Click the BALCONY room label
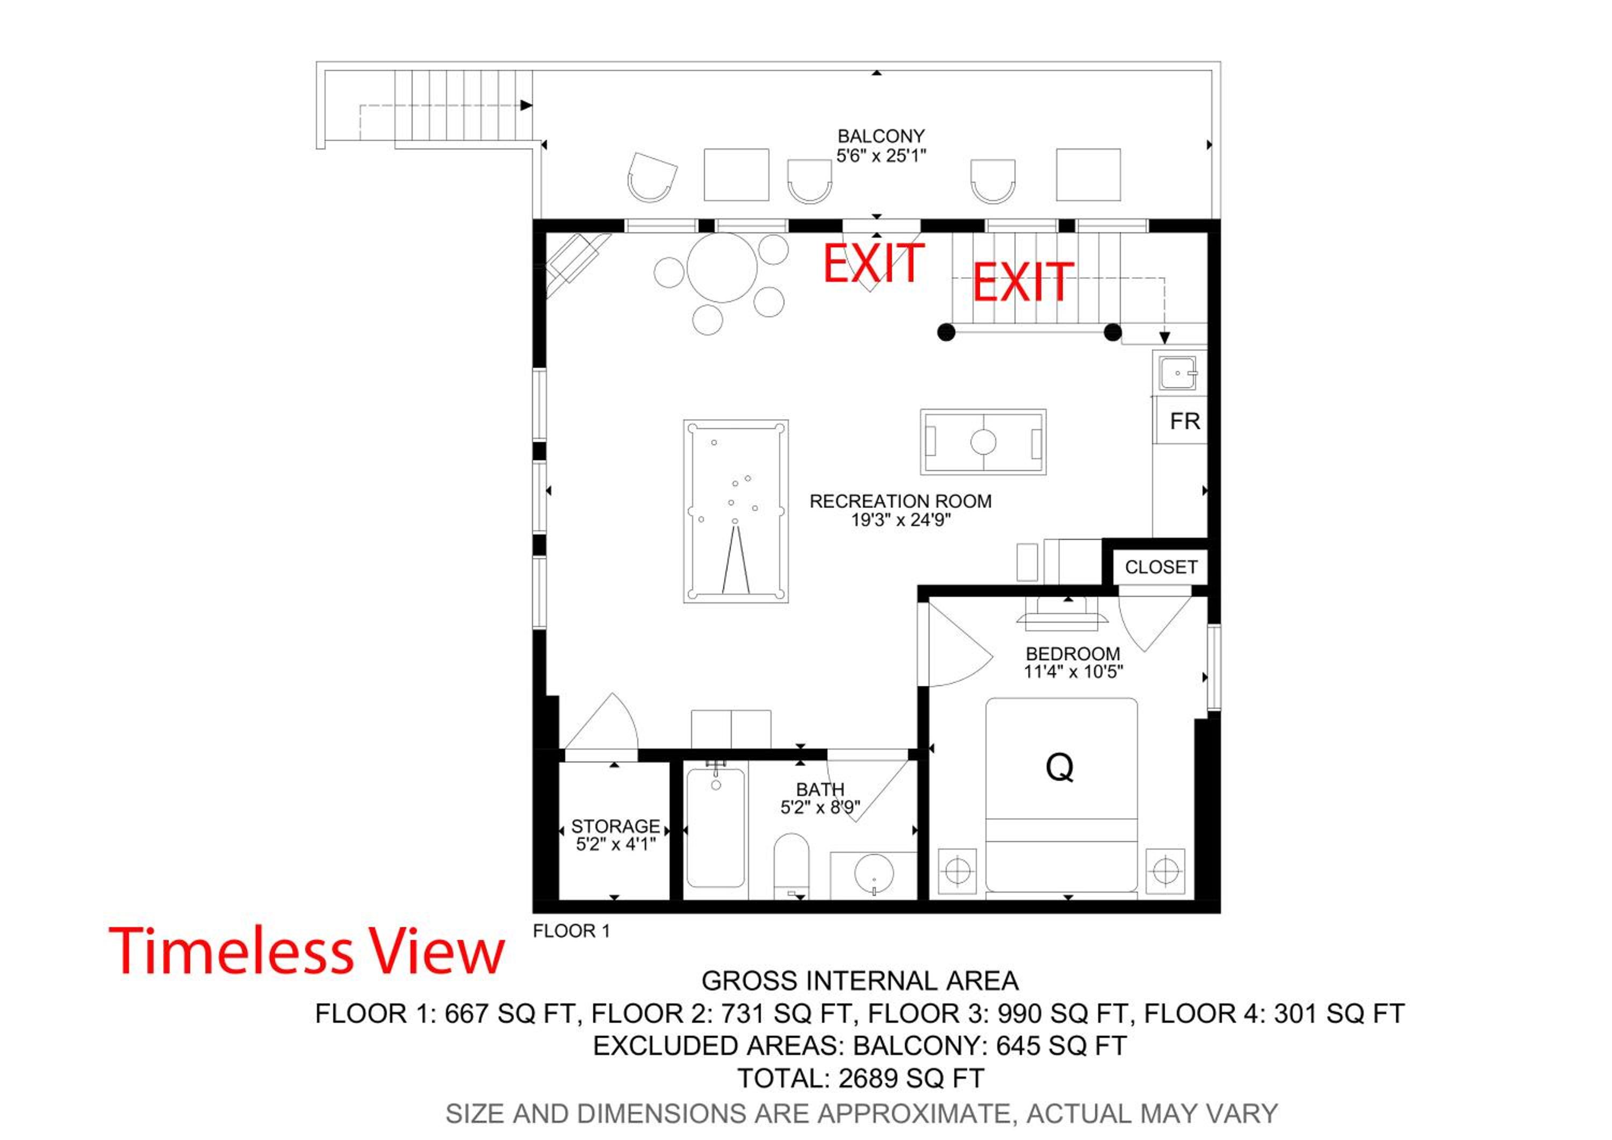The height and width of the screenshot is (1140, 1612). click(881, 136)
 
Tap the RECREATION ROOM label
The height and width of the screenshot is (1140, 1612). click(901, 502)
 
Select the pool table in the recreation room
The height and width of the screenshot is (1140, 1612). click(736, 511)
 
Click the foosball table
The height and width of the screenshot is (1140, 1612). click(983, 442)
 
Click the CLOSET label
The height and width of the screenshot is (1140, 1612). click(1161, 567)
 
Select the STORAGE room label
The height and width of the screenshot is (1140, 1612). click(616, 826)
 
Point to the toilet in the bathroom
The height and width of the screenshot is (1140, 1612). click(791, 865)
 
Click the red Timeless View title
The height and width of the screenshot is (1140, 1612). click(307, 951)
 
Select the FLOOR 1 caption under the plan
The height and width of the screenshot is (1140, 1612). click(572, 931)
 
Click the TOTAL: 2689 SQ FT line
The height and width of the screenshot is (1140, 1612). click(860, 1078)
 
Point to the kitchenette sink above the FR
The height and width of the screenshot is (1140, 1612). click(1177, 373)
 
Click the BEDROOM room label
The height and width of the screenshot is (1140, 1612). click(1073, 654)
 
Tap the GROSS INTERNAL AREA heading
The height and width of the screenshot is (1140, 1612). click(860, 980)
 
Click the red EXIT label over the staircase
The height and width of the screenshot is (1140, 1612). click(1023, 282)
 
